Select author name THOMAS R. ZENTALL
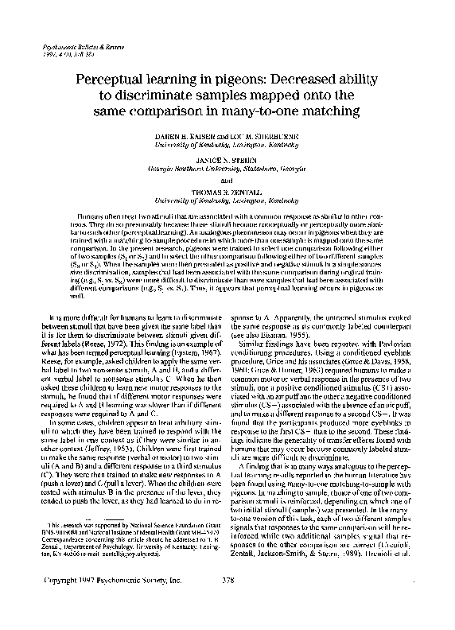[x=227, y=188]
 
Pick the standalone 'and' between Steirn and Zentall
[x=227, y=176]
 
